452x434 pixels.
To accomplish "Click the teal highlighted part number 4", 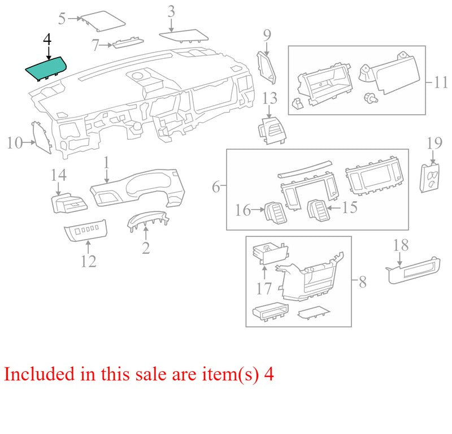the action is pyautogui.click(x=46, y=68).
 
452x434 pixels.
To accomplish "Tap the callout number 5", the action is pyautogui.click(x=62, y=19).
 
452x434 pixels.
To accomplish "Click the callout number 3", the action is pyautogui.click(x=171, y=11).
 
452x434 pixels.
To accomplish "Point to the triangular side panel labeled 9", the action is pyautogui.click(x=266, y=68).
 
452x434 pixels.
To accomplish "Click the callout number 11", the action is pyautogui.click(x=441, y=82).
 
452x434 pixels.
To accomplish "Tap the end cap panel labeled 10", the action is pyautogui.click(x=42, y=137).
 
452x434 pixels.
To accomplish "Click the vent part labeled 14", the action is pyautogui.click(x=69, y=203).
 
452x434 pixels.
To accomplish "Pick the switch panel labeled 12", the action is pyautogui.click(x=86, y=230).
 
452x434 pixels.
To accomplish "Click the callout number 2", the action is pyautogui.click(x=146, y=248).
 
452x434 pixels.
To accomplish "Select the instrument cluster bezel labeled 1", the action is pyautogui.click(x=137, y=188).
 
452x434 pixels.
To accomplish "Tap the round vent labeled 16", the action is pyautogui.click(x=276, y=212).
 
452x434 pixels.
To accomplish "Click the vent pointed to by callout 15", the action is pyautogui.click(x=318, y=211).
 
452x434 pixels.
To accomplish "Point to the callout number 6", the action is pyautogui.click(x=216, y=187).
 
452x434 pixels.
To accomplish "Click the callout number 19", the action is pyautogui.click(x=434, y=144).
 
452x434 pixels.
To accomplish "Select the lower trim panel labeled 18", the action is pyautogui.click(x=413, y=270).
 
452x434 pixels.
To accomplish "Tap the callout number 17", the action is pyautogui.click(x=264, y=288).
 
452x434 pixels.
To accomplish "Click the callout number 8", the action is pyautogui.click(x=363, y=282).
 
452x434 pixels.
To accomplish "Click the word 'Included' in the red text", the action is pyautogui.click(x=39, y=374).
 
